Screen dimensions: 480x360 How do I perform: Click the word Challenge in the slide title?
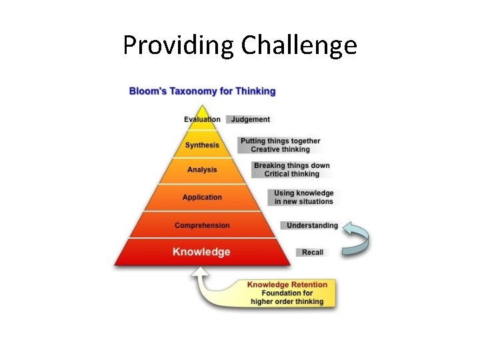[299, 45]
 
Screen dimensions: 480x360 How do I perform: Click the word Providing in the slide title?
[179, 45]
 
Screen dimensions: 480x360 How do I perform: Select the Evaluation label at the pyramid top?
[202, 119]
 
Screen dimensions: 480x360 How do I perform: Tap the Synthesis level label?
[202, 145]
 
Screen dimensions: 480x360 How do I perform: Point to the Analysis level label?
[202, 170]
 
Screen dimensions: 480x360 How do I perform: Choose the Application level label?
[202, 197]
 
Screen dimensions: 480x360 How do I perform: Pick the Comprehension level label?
[202, 225]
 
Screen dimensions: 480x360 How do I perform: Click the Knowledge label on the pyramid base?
[201, 252]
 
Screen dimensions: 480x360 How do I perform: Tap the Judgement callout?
[251, 119]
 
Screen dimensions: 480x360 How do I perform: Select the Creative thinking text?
[280, 149]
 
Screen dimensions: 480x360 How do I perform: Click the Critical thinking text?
[291, 174]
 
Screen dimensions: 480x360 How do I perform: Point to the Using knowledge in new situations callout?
[303, 197]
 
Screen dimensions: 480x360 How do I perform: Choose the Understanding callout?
[312, 225]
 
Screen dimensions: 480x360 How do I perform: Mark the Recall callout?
[312, 253]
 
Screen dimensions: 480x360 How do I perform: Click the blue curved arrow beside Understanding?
[360, 239]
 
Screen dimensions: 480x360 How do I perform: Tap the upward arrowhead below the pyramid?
[199, 272]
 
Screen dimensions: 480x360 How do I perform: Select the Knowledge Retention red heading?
[287, 285]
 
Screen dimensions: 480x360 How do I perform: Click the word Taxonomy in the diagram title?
[193, 91]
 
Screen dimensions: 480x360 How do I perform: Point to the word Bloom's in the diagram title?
[147, 91]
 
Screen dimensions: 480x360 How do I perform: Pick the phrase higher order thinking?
[287, 301]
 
